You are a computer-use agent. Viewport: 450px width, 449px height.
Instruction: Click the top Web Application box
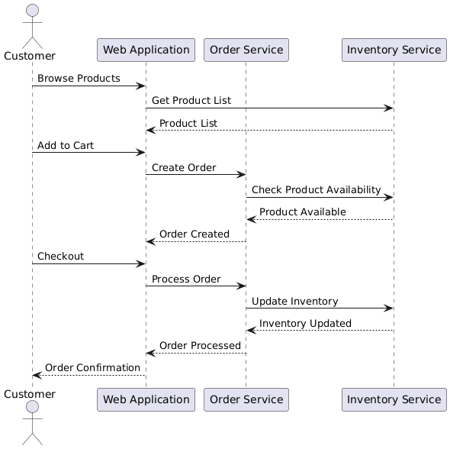146,50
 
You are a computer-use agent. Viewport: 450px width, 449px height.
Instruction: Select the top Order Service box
246,50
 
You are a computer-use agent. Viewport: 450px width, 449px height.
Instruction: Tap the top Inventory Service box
394,50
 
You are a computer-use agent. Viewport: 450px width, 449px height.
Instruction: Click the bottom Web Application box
146,399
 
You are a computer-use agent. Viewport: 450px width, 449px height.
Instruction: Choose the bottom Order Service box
246,399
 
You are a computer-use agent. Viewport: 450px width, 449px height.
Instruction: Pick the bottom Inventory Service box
394,399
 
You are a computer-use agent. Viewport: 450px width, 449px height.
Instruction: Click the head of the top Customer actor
33,11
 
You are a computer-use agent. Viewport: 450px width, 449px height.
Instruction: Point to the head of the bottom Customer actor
33,407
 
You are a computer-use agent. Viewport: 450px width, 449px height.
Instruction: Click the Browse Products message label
79,78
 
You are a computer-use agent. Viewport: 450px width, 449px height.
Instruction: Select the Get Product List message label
191,100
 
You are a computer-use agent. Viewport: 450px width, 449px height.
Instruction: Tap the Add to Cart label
66,145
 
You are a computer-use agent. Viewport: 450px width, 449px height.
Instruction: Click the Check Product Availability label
317,189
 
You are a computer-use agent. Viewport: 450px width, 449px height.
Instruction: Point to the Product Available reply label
303,212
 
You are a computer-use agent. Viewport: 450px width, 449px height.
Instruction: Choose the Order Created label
194,234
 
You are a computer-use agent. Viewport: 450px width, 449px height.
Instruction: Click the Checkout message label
60,256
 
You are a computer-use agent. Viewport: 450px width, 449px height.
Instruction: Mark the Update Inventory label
294,301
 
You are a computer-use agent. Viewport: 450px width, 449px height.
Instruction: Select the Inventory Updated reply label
305,323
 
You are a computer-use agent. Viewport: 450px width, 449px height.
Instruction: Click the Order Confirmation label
92,367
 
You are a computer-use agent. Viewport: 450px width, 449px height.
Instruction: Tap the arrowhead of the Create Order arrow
241,174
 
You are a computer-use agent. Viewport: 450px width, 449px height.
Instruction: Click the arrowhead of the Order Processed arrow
151,353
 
